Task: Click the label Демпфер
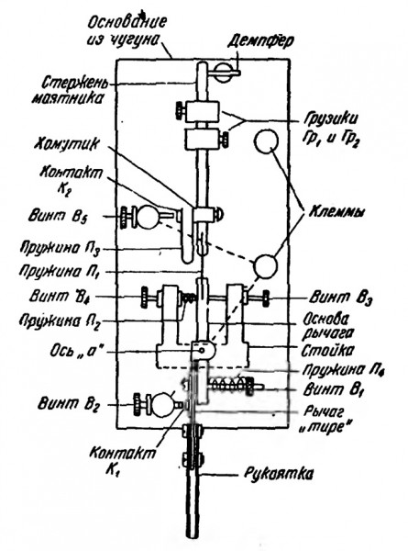pos(260,41)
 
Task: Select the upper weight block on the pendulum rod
pos(203,112)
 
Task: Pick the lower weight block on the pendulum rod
pos(201,140)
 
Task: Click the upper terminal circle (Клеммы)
pos(266,141)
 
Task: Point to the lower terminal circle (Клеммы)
pos(266,266)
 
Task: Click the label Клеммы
pos(336,213)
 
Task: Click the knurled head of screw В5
pos(124,218)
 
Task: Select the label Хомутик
pos(66,145)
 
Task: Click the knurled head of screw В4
pos(145,297)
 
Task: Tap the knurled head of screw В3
pos(266,298)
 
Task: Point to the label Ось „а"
pos(75,351)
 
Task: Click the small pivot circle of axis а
pos(202,351)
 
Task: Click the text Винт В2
pos(69,404)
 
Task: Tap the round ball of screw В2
pos(161,404)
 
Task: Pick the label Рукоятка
pos(278,474)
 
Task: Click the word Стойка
pos(323,350)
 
